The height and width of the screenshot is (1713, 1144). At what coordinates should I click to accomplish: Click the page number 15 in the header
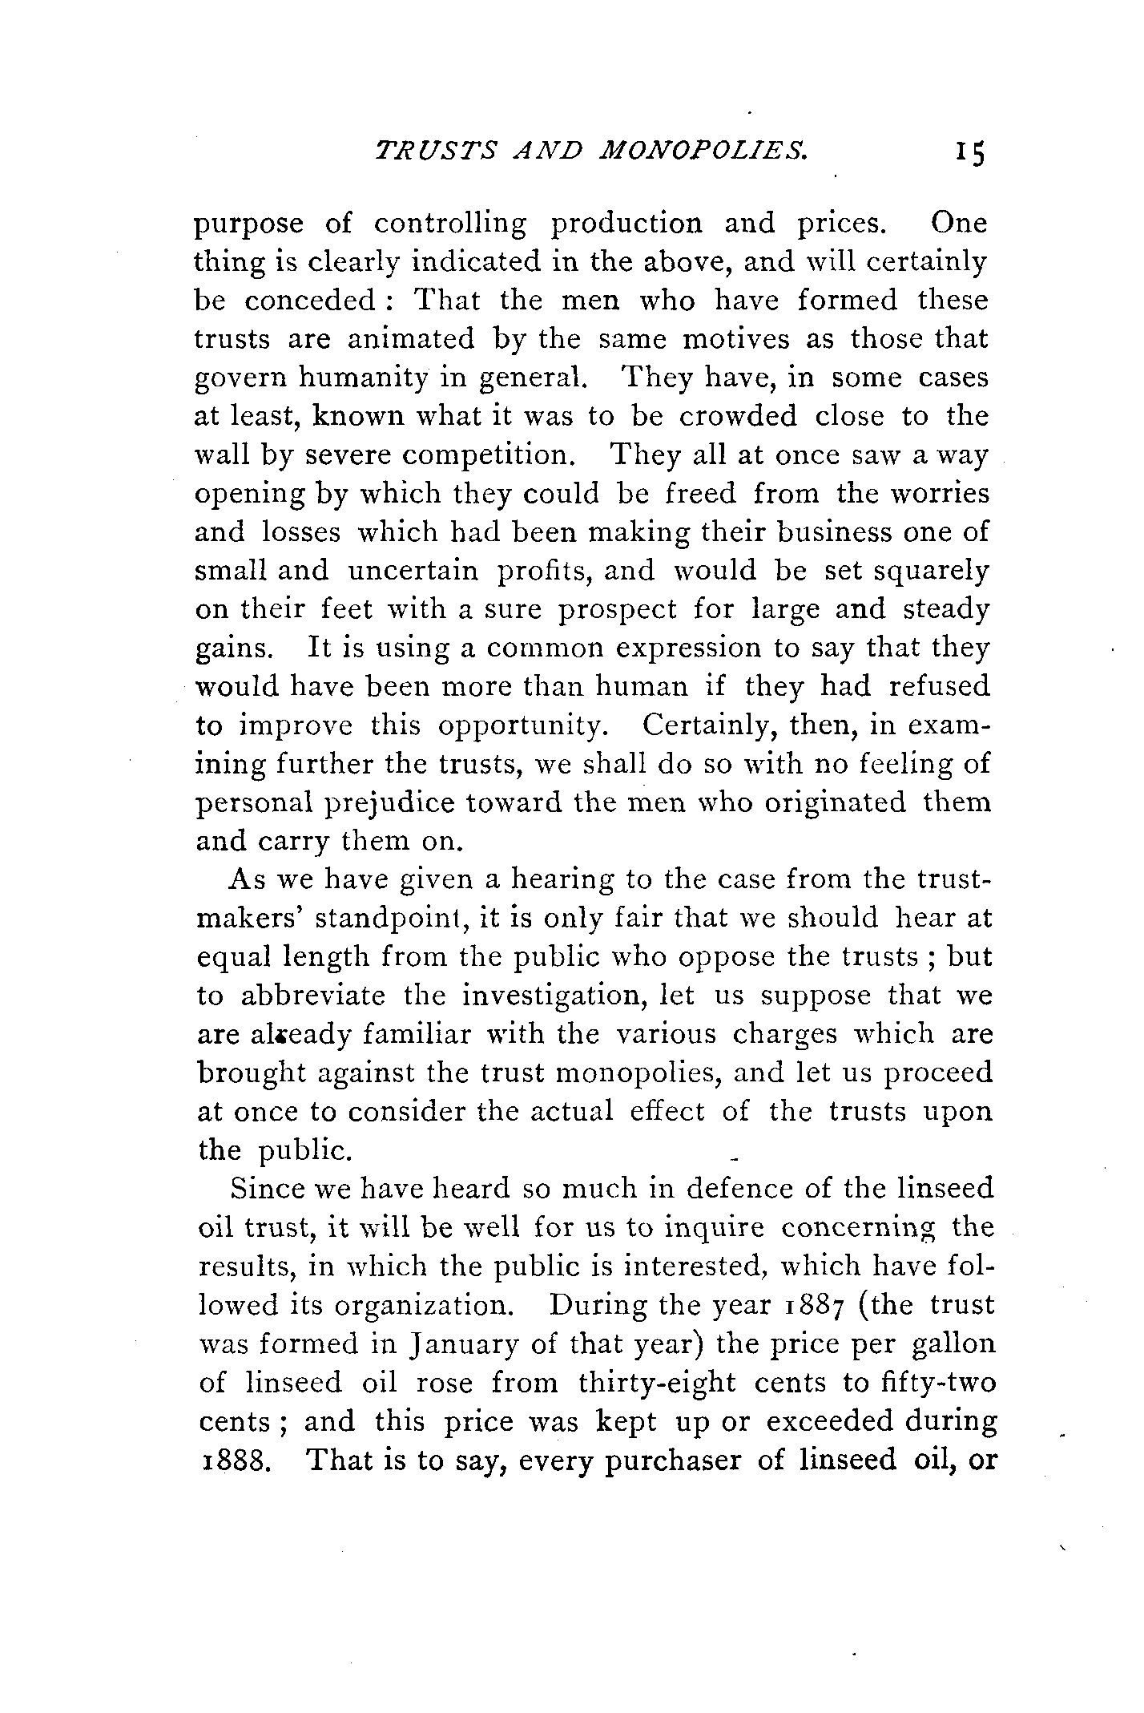coord(968,153)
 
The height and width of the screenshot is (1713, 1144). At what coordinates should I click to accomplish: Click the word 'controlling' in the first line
coord(450,223)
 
